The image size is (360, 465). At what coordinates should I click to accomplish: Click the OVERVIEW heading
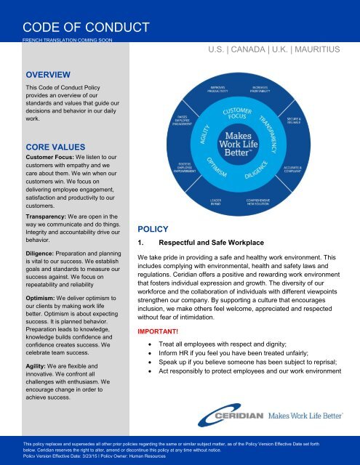coord(47,73)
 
